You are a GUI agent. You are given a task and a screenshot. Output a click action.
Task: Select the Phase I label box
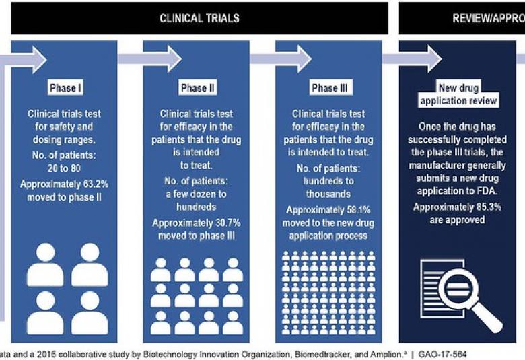[x=66, y=88]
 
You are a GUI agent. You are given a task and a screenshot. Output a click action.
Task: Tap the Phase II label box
[x=198, y=88]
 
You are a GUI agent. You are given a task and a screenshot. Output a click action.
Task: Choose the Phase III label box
[x=329, y=88]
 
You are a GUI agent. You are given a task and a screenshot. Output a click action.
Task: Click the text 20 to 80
[x=66, y=171]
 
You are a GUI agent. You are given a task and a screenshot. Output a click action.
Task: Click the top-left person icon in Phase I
[x=45, y=264]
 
